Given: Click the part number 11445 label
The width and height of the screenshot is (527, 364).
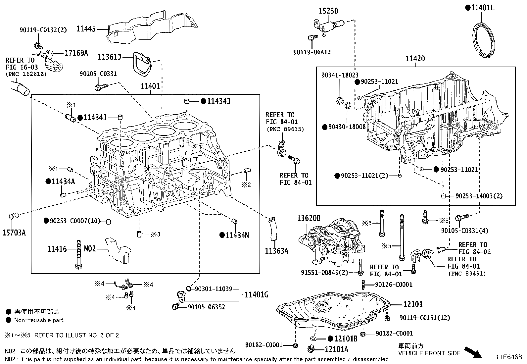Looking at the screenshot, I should (x=86, y=29).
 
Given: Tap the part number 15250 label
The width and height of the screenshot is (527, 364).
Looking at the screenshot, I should (x=328, y=11).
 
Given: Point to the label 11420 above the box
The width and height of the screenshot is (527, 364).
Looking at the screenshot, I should (x=415, y=59).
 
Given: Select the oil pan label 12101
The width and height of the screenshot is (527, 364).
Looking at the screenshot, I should (x=413, y=304).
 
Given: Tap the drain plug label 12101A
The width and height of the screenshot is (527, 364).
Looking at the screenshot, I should (x=336, y=349).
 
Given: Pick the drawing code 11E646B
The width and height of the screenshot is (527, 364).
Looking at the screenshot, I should (x=508, y=357).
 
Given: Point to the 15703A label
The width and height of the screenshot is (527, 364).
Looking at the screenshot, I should (x=14, y=233).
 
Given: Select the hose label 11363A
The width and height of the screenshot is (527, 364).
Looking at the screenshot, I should (x=276, y=251).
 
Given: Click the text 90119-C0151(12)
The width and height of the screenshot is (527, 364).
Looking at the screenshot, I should (x=425, y=318).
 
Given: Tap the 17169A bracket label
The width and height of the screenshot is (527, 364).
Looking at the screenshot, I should (x=76, y=53).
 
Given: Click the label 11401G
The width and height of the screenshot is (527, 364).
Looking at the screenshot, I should (x=257, y=294).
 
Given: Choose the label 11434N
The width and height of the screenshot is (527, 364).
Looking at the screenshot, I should (x=237, y=235).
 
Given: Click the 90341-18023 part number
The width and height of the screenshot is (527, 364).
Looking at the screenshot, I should (x=340, y=76).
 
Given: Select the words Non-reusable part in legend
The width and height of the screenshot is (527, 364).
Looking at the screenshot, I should (x=39, y=320).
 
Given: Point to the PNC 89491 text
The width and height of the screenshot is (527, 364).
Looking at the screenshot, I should (x=467, y=274).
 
